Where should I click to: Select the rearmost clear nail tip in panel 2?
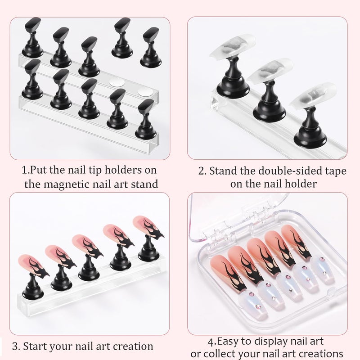coord(230,54)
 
